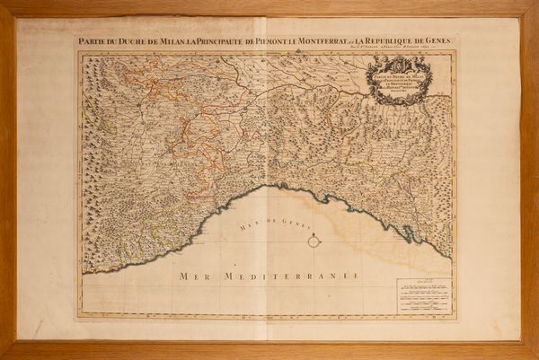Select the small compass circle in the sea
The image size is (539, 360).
pos(314,241)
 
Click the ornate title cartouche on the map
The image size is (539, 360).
pos(401,81)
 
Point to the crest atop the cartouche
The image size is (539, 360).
pos(401,64)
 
